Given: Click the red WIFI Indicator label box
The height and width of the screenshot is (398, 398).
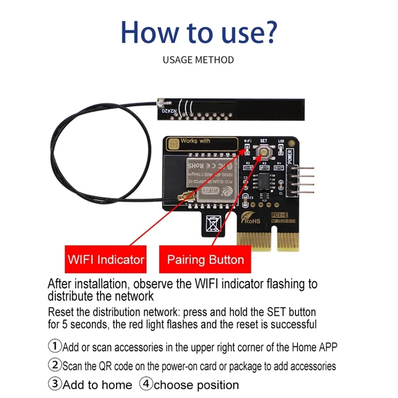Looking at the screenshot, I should (x=105, y=259).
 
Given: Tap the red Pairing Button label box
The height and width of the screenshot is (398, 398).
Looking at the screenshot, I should (x=205, y=259).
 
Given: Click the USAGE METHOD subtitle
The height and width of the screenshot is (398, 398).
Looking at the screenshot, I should (x=198, y=60).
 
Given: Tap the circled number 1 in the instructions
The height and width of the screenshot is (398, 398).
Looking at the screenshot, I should (x=54, y=345).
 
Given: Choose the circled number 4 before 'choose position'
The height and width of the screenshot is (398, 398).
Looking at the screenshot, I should (x=146, y=385).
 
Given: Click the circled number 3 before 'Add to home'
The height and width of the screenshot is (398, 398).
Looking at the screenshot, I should (x=54, y=385).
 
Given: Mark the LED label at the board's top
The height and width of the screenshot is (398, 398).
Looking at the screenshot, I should (x=281, y=141).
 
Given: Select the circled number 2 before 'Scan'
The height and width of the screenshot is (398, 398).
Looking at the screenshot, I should (x=54, y=366).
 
